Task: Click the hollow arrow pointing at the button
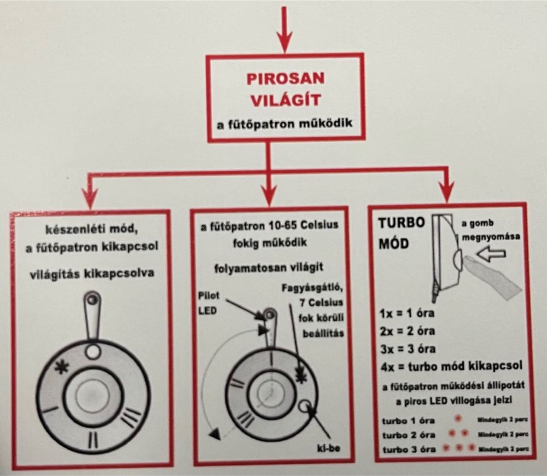click(x=490, y=254)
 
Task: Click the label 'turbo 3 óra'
click(x=409, y=449)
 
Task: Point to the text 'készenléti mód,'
click(x=91, y=230)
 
